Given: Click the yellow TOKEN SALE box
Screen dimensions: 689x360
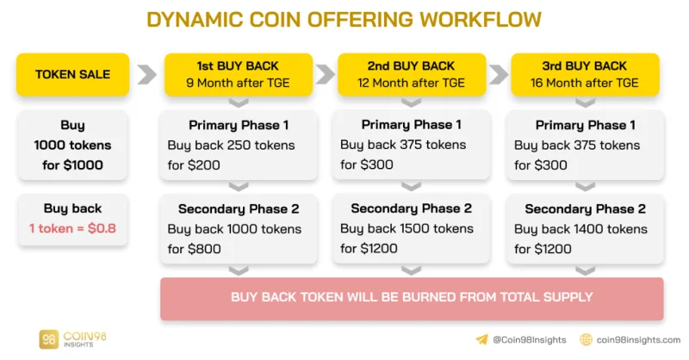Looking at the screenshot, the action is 73,74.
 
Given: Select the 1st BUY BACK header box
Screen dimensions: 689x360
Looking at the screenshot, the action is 239,74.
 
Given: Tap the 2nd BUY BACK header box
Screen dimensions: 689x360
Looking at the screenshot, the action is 412,74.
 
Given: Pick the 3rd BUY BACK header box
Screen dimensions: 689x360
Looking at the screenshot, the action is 585,74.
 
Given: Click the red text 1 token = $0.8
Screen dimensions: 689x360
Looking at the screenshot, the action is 72,228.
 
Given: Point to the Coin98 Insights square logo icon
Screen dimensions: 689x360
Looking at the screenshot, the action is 48,339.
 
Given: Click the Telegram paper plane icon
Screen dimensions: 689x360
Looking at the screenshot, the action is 481,339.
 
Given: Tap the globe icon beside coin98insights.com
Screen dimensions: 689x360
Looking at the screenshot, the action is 587,339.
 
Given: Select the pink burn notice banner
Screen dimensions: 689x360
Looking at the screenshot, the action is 412,299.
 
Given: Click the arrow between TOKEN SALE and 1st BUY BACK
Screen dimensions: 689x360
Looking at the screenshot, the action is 146,74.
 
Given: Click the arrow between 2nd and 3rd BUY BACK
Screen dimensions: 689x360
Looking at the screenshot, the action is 499,74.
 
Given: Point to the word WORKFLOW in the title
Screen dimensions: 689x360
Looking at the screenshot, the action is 481,20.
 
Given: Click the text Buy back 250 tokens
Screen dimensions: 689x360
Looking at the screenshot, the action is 231,146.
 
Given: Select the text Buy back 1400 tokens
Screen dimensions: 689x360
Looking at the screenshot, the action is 580,229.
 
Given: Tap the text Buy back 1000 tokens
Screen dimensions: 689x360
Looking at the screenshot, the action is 234,229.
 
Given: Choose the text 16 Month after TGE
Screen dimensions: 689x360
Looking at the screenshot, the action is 585,83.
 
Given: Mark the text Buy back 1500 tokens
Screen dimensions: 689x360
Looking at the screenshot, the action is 407,228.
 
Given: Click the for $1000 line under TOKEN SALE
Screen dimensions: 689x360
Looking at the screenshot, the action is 72,165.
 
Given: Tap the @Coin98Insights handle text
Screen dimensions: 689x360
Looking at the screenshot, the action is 530,340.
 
